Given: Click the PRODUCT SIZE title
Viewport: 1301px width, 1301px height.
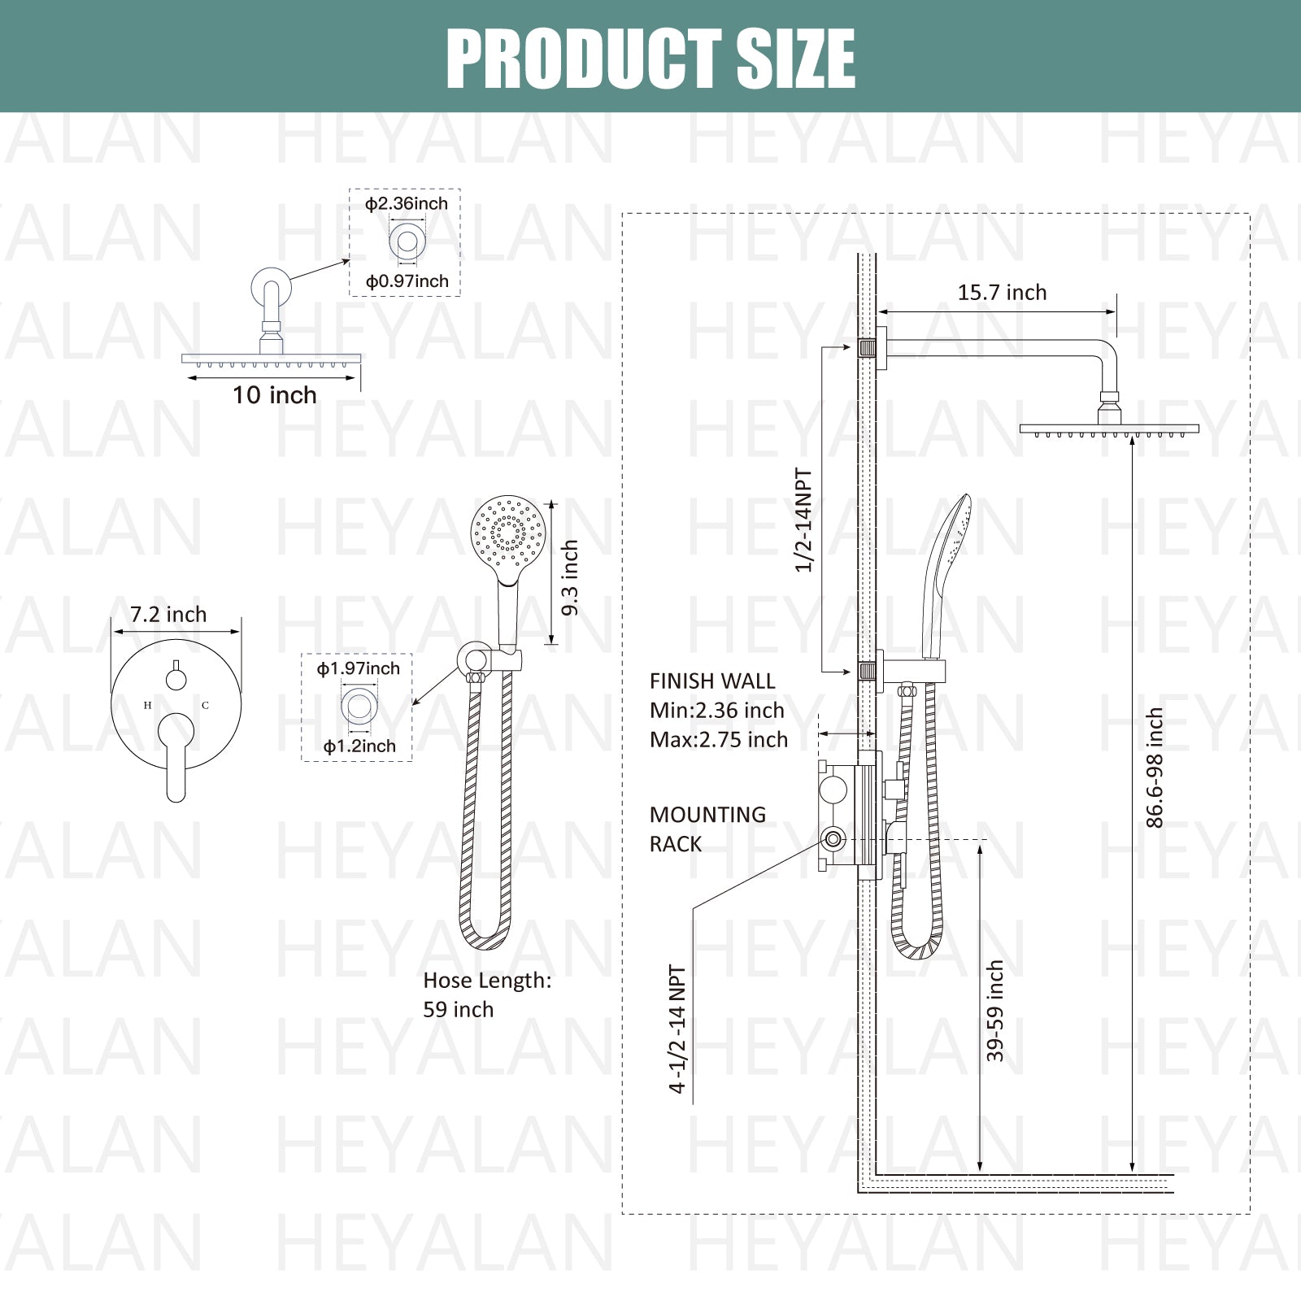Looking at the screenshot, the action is pos(650,59).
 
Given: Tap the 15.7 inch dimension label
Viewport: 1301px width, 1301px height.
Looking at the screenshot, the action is pos(1002,293).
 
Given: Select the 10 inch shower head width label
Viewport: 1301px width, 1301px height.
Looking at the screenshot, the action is pos(275,395).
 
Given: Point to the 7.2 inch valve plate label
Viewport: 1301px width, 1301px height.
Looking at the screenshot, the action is pos(168,615).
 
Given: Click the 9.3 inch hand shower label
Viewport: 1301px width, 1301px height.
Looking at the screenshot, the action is pos(570,577).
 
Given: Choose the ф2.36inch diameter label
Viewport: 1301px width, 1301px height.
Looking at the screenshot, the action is pos(406,204).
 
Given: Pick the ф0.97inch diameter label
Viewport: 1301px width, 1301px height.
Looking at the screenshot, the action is pos(407,282).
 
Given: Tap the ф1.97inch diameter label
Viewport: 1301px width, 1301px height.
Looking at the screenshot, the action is pos(358,669).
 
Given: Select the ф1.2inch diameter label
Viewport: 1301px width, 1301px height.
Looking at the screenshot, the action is pos(359,746).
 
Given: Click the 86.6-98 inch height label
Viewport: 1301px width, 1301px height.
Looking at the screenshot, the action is pos(1155,768).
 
